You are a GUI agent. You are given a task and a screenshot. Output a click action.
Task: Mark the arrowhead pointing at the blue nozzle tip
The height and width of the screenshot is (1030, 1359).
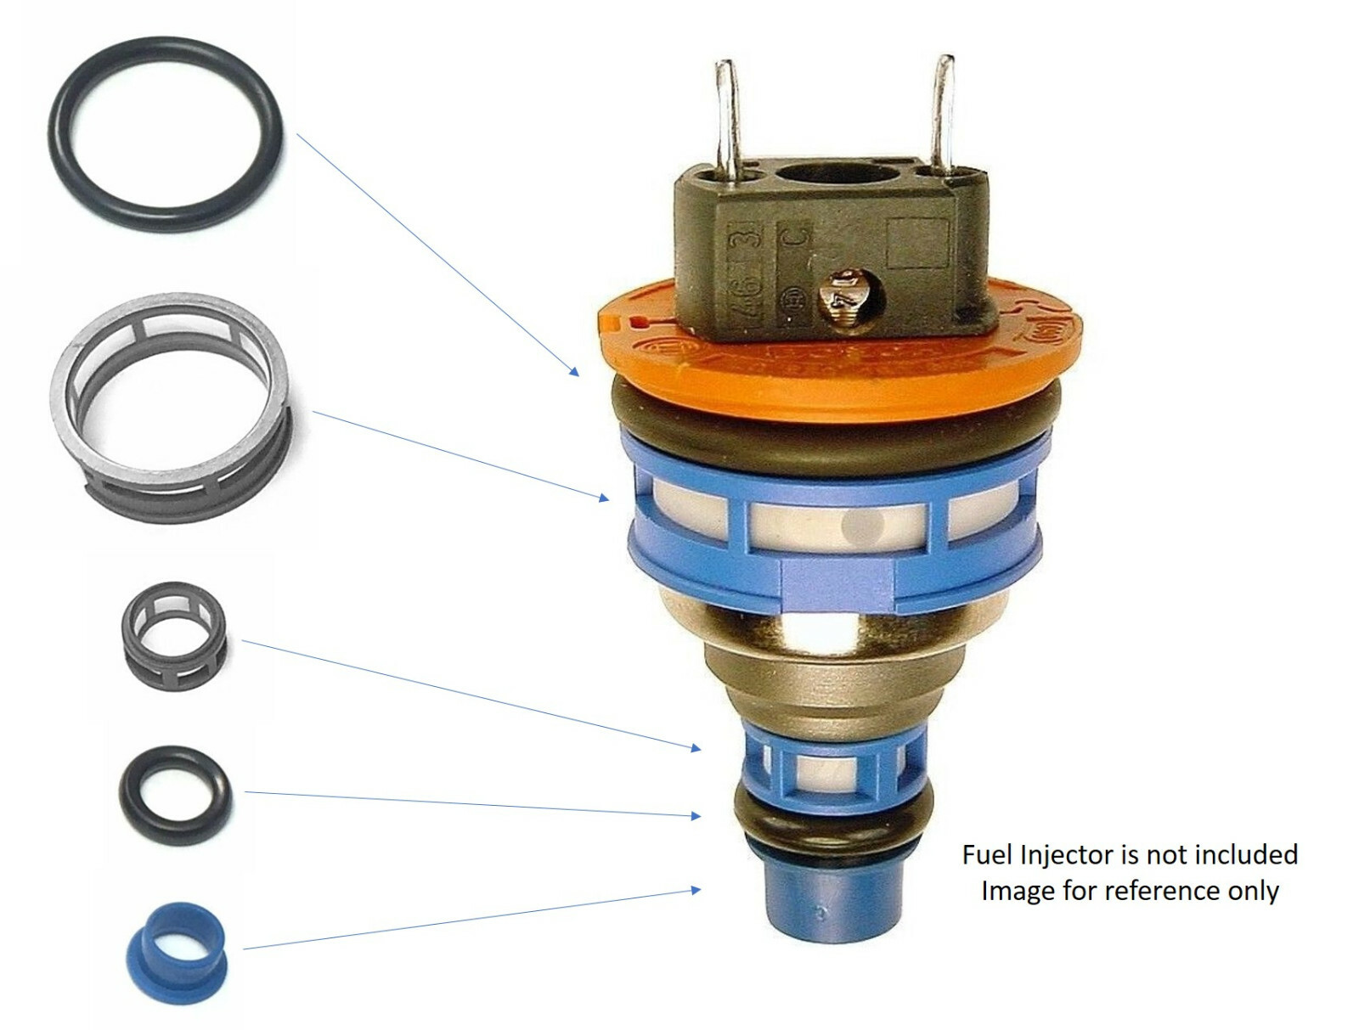pos(696,890)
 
